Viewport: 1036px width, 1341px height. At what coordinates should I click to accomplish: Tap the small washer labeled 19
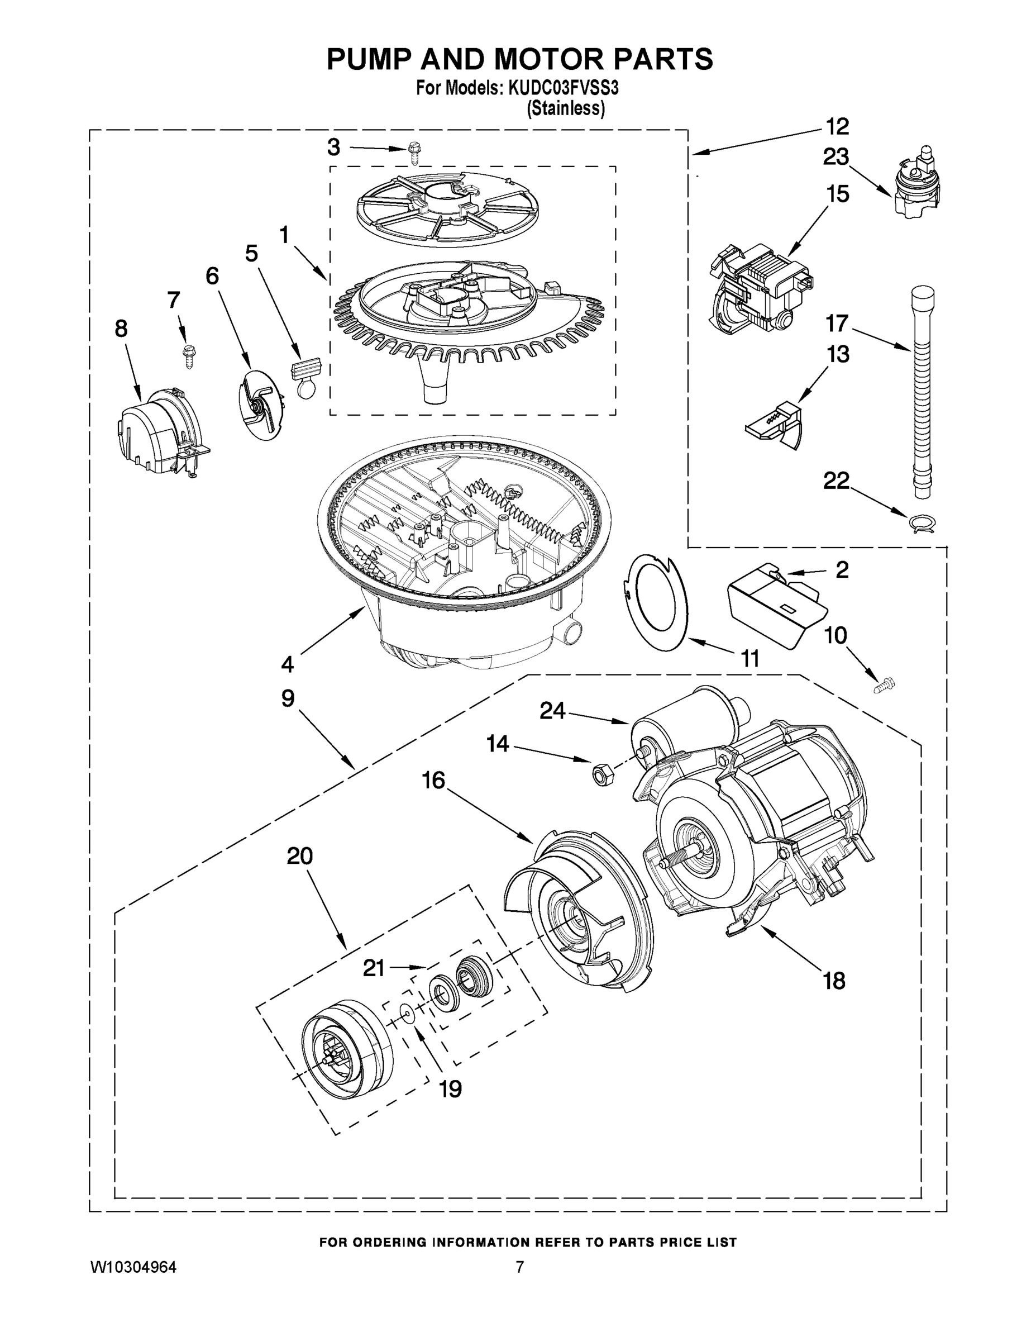(406, 1011)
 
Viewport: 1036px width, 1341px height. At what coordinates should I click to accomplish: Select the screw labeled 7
(187, 355)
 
